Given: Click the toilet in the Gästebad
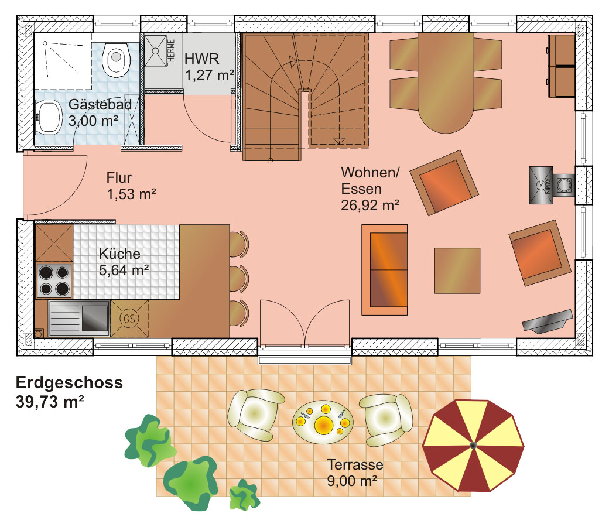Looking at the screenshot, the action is (116, 59).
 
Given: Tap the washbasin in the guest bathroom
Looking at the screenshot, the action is (49, 117).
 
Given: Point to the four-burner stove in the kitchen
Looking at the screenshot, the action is (54, 280).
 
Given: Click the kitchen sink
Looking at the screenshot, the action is (79, 318).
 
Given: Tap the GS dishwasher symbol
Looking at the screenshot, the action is (129, 319).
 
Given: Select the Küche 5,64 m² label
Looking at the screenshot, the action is (124, 262).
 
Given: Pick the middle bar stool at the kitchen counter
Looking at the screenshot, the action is (239, 279).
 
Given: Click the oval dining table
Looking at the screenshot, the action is (446, 83).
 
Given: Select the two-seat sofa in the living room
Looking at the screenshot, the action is (385, 270).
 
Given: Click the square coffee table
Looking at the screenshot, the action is (457, 271).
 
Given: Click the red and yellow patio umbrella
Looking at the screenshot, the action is (473, 446).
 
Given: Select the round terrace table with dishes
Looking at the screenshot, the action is (323, 422).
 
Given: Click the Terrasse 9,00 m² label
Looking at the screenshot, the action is (355, 473).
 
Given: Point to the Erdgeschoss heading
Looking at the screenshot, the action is (69, 382).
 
